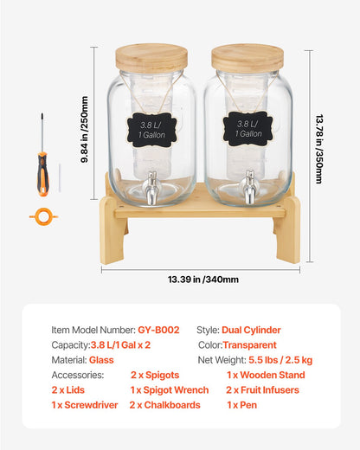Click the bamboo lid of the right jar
pyautogui.click(x=247, y=58)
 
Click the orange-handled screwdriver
pyautogui.click(x=41, y=164)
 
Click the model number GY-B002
pyautogui.click(x=158, y=330)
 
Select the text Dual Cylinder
pyautogui.click(x=251, y=330)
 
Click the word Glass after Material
pyautogui.click(x=101, y=359)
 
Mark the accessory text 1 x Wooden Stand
pyautogui.click(x=267, y=375)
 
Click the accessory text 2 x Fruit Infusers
pyautogui.click(x=263, y=389)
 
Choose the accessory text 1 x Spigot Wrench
pyautogui.click(x=170, y=389)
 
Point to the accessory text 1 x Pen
pyautogui.click(x=242, y=404)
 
